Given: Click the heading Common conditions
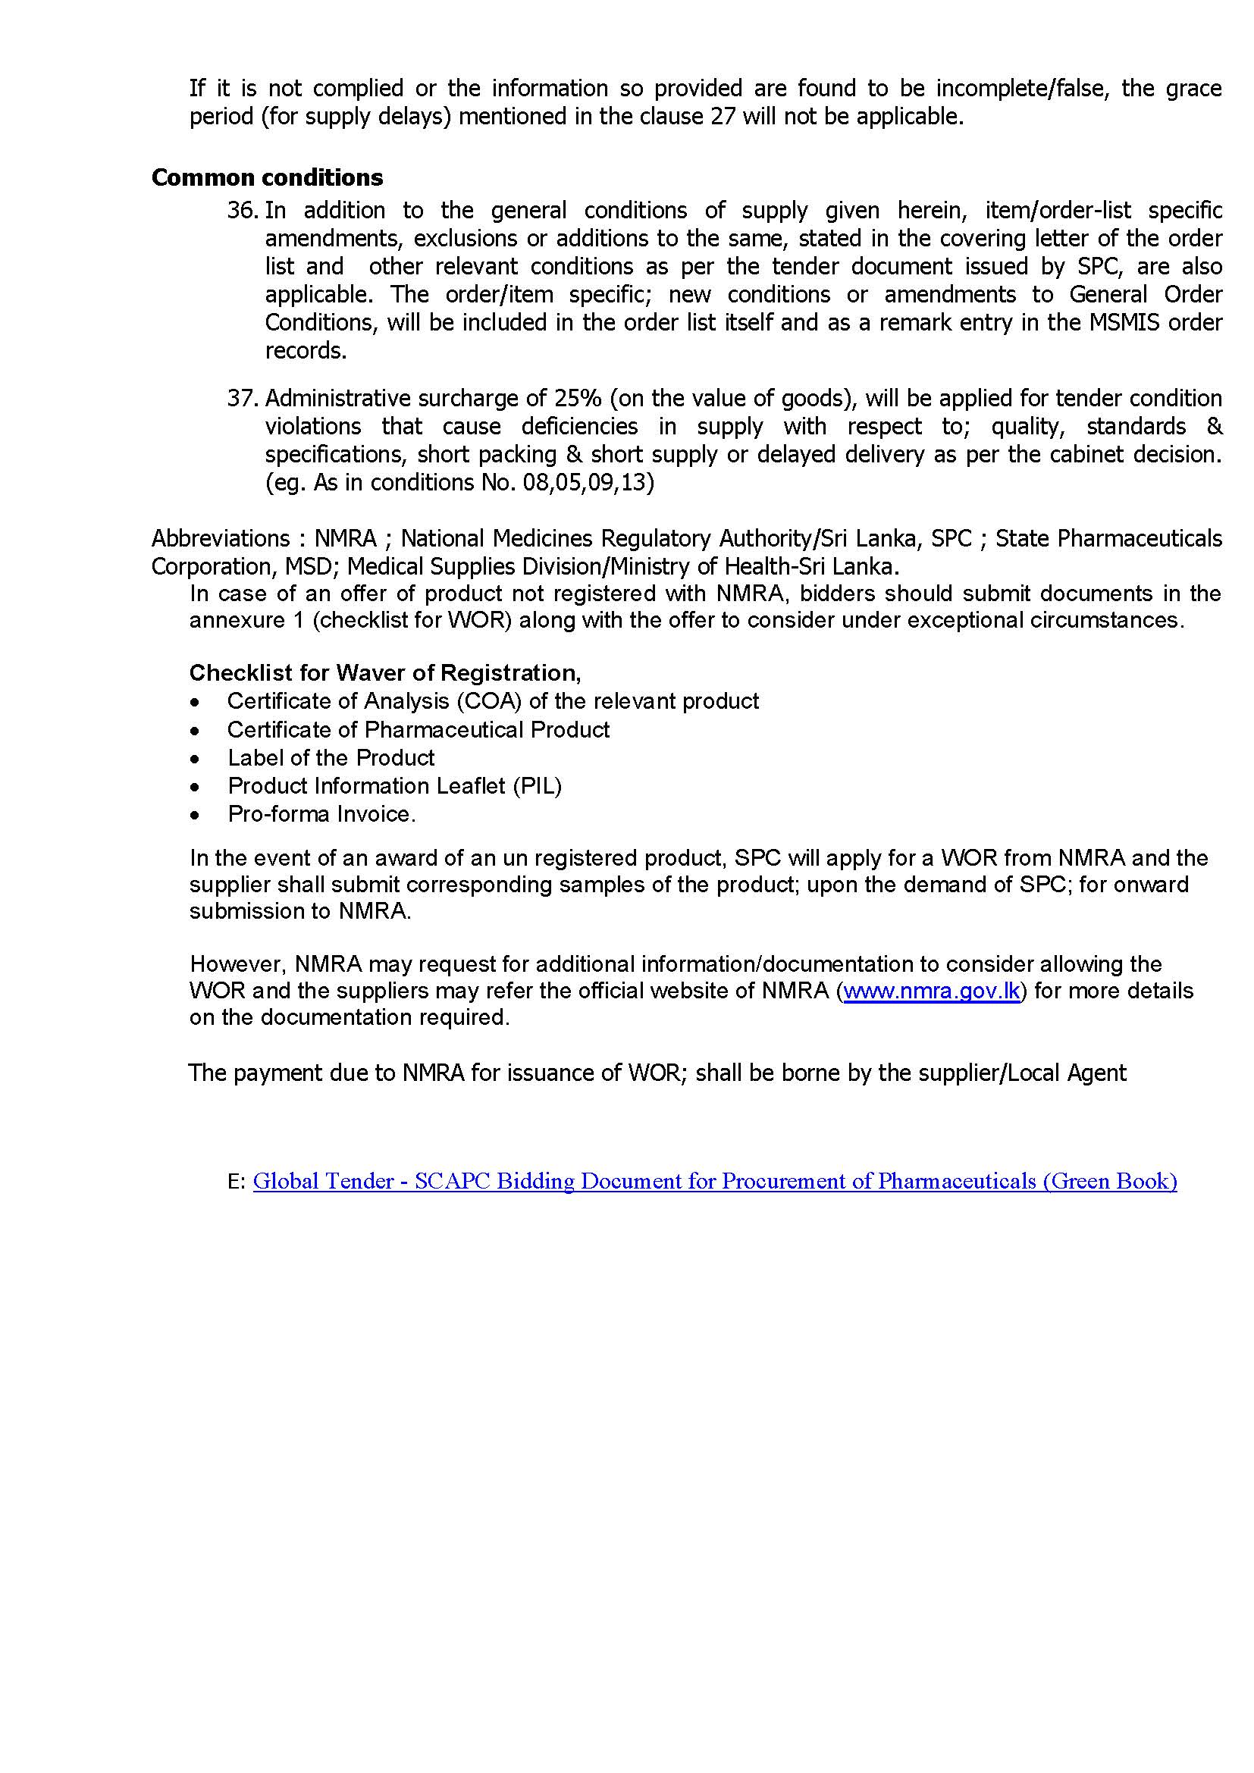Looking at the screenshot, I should (x=267, y=177).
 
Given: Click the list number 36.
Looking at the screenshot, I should (x=242, y=210).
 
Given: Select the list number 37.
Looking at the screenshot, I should (x=242, y=399).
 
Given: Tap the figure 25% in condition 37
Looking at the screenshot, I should (x=578, y=399).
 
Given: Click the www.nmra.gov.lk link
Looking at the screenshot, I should (x=932, y=991).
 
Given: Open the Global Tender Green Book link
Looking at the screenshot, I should (x=714, y=1181).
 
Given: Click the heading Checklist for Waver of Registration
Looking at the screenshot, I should (x=384, y=672).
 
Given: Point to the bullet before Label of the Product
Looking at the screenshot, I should (x=196, y=758).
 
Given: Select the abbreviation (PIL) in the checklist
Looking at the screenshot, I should (x=537, y=786).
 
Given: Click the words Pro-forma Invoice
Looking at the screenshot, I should (x=321, y=814).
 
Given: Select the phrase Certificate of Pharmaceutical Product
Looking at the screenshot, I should (x=418, y=730).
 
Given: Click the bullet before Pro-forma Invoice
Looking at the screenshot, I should (x=196, y=815).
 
